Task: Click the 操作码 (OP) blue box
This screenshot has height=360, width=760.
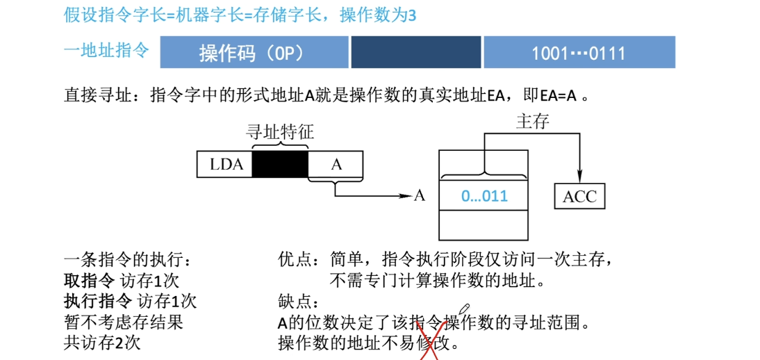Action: point(254,53)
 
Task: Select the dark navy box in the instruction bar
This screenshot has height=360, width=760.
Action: point(415,53)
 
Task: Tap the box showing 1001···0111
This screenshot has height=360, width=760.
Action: point(579,53)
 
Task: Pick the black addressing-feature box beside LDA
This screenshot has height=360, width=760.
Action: point(280,165)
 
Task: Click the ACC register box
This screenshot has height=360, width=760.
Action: point(579,197)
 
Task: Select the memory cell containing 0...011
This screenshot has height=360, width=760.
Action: point(484,196)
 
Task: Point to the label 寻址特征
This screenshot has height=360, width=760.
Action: point(280,132)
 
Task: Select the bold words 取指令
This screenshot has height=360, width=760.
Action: point(89,281)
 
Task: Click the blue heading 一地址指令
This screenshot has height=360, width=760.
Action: point(106,51)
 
